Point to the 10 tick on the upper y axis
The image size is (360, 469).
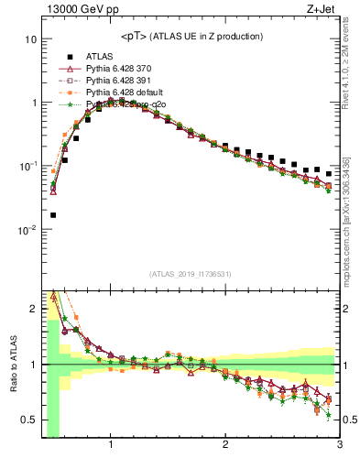pyautogui.click(x=30, y=40)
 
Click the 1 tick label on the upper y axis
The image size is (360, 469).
pyautogui.click(x=33, y=104)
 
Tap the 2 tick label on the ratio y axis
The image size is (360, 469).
pyautogui.click(x=33, y=309)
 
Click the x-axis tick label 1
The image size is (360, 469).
pyautogui.click(x=111, y=447)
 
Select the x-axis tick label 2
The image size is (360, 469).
pyautogui.click(x=225, y=447)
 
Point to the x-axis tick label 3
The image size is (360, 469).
pyautogui.click(x=339, y=447)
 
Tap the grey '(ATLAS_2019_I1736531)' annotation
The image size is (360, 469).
pyautogui.click(x=191, y=274)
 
